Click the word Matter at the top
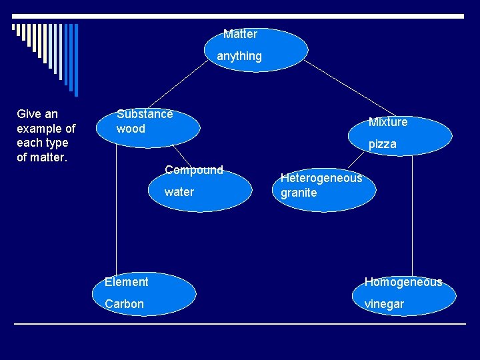[240, 34]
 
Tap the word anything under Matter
[239, 57]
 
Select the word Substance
[145, 114]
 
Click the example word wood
[131, 129]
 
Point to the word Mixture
[388, 122]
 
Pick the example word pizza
[383, 144]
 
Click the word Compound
[194, 170]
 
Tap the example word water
[179, 192]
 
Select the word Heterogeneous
[321, 178]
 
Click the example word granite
[299, 193]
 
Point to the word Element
[127, 282]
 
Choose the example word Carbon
[124, 304]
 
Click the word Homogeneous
[403, 282]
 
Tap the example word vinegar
[384, 304]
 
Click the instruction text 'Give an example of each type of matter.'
[46, 135]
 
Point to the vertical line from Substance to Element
[117, 213]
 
